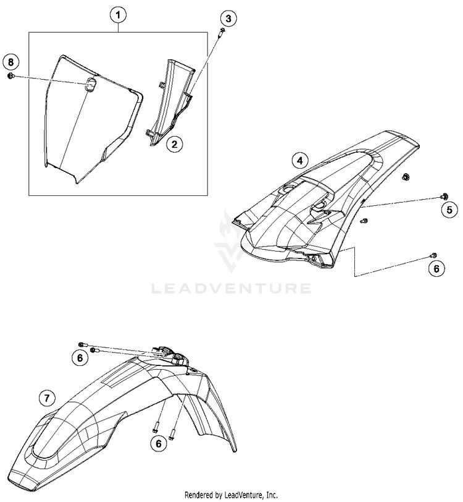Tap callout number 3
(228, 19)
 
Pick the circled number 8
(10, 61)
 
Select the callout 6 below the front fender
(159, 443)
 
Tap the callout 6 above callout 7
(79, 357)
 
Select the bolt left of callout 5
(443, 196)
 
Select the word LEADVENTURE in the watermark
(231, 287)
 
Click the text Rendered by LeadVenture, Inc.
(231, 495)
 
